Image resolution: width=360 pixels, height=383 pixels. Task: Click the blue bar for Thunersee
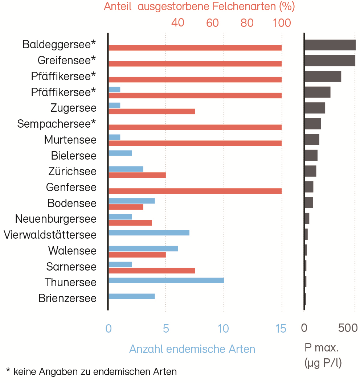[x=166, y=280]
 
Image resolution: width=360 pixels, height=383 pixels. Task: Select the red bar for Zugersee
[x=152, y=111]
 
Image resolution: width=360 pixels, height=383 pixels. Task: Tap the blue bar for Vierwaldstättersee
[x=149, y=232]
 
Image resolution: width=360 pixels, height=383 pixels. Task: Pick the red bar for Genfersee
[x=195, y=191]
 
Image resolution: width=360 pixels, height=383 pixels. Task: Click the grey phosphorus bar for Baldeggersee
[x=330, y=45]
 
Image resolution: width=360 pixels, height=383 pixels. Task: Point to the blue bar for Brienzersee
[x=131, y=296]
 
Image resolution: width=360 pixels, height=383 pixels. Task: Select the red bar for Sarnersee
[x=152, y=271]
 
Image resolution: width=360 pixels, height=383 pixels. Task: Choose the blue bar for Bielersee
[x=120, y=153]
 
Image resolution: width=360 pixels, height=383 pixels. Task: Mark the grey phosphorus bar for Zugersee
[x=315, y=108]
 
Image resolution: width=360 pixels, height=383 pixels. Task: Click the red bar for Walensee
[x=137, y=255]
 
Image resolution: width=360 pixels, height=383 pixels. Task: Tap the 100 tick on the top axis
[x=282, y=23]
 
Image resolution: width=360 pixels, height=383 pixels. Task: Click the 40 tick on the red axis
[x=177, y=23]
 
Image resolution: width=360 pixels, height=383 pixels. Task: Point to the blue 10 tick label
[x=224, y=329]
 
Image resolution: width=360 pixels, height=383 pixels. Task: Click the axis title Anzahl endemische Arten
[x=192, y=349]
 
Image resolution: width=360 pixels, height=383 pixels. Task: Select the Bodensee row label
[x=72, y=203]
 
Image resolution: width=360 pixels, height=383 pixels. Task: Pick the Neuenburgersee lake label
[x=56, y=219]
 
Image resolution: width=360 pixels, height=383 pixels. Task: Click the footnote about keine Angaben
[x=91, y=371]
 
